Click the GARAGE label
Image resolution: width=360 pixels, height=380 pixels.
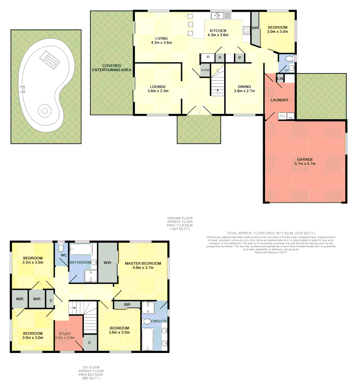click(x=305, y=159)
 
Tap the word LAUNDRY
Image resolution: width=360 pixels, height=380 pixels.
click(x=279, y=100)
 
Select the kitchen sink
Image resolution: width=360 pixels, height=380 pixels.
click(x=221, y=15)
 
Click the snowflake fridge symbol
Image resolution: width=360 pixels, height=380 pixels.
click(x=208, y=57)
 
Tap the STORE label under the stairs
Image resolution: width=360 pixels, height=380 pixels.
click(x=205, y=70)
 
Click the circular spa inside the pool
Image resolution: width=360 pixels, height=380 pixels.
click(x=45, y=111)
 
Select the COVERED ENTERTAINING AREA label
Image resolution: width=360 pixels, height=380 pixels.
click(x=112, y=68)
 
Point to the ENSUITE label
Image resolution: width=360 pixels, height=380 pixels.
click(x=159, y=321)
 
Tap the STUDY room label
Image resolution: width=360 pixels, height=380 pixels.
click(x=65, y=334)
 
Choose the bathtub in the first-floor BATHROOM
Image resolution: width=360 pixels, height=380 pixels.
click(x=81, y=250)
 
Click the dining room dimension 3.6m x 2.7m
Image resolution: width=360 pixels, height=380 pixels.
click(x=244, y=91)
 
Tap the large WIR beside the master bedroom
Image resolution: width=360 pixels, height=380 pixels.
click(x=108, y=262)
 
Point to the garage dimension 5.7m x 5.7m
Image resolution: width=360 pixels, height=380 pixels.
click(x=305, y=164)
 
